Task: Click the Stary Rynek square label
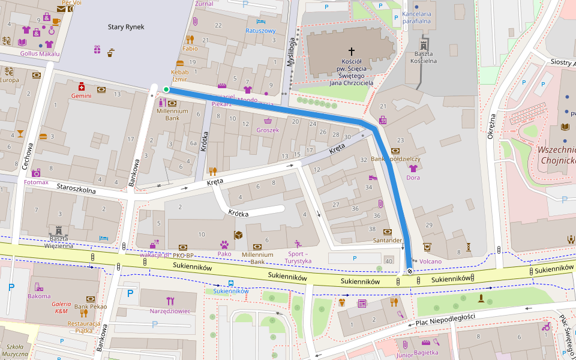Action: coord(126,26)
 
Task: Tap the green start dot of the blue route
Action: coord(166,90)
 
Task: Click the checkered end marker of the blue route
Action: coord(410,271)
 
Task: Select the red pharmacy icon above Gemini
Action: coord(82,87)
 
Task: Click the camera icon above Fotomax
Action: coord(36,173)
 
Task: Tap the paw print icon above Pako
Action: coord(224,245)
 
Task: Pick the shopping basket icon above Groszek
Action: coord(267,121)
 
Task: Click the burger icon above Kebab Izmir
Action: coord(180,63)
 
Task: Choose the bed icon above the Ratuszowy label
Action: coord(260,22)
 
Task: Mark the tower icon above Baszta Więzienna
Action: coord(59,230)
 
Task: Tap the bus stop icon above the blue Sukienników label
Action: coord(230,283)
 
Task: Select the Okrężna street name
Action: coord(491,127)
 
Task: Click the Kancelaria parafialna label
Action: coord(417,17)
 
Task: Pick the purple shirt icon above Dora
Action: coord(413,169)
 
